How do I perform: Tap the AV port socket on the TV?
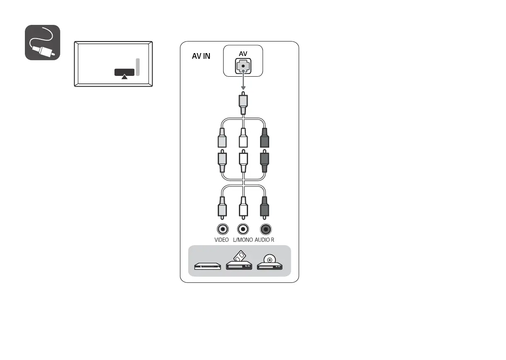[243, 66]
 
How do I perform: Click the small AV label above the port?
[243, 54]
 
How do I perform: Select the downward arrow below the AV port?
[243, 83]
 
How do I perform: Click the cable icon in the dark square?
[43, 42]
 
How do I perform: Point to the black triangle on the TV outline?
[124, 75]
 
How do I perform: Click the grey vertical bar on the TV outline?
[138, 67]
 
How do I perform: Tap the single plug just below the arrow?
[243, 104]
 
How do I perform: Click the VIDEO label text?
[221, 240]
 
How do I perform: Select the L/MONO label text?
[243, 240]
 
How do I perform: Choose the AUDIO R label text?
[265, 240]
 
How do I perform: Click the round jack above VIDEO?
[223, 229]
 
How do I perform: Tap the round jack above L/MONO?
[243, 229]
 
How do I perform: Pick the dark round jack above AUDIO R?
[265, 229]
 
